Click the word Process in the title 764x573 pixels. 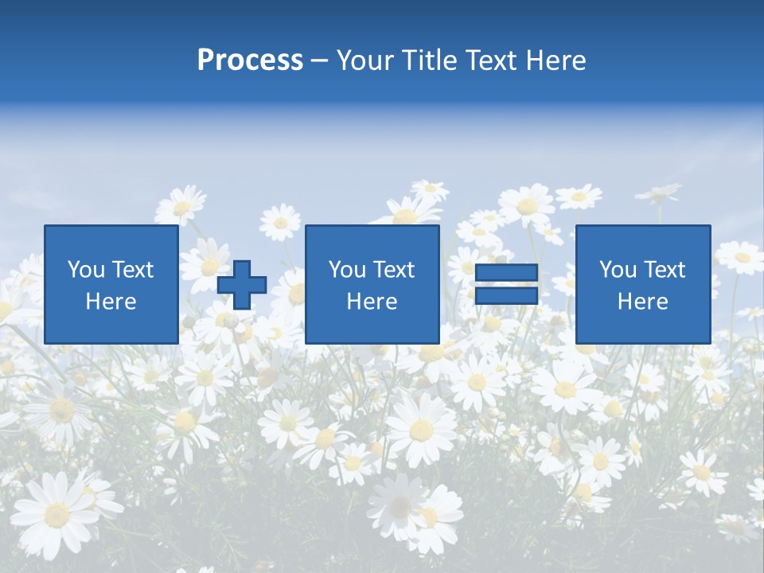250,60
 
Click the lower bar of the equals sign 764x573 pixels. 506,296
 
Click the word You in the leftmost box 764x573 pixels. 86,270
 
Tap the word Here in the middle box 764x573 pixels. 372,302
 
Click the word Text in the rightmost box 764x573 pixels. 664,270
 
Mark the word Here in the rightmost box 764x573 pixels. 642,302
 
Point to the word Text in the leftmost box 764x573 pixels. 133,270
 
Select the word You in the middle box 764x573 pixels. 347,270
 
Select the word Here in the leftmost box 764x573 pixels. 111,302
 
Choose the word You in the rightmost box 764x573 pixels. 618,270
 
